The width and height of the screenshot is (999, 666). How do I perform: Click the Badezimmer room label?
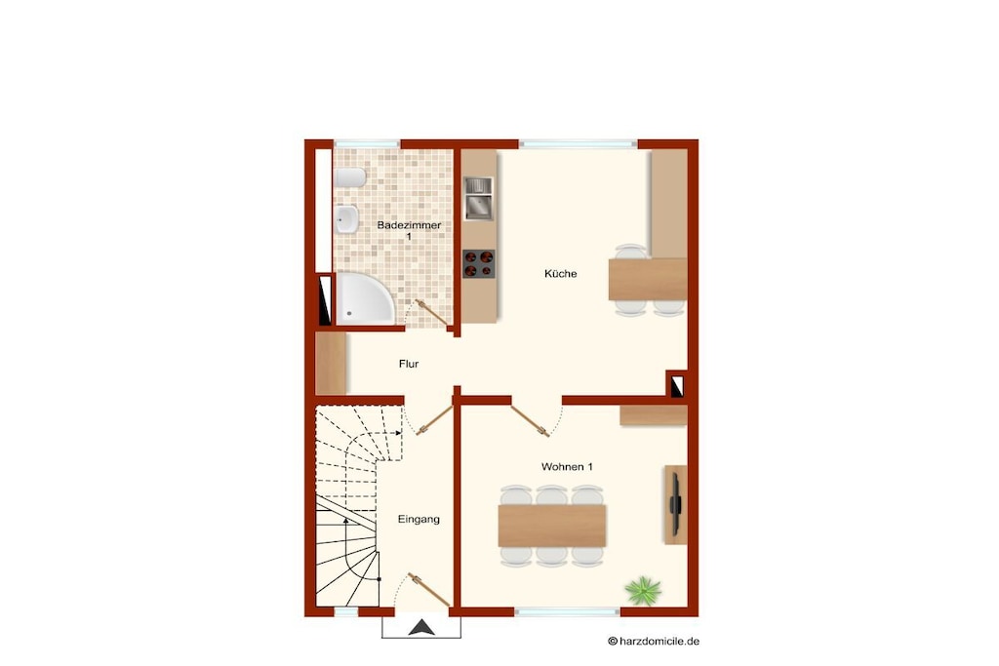(x=409, y=230)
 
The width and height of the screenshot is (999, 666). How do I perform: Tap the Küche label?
(x=561, y=274)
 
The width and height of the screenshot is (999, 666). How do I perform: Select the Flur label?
(x=409, y=364)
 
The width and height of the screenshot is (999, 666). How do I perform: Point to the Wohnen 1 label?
(x=567, y=467)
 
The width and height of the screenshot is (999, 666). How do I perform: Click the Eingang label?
(x=419, y=519)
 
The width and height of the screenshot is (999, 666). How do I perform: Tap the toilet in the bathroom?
(x=350, y=177)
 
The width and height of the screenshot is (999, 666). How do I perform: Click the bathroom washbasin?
(x=346, y=219)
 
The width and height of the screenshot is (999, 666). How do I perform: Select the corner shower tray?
(x=364, y=298)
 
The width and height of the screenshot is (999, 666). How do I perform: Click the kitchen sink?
(x=478, y=199)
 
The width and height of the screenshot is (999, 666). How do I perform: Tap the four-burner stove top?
(x=478, y=264)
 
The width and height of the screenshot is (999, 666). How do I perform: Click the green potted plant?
(x=643, y=590)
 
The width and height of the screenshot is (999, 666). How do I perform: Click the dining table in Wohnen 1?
(x=552, y=526)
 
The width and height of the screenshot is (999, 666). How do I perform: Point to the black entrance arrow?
(x=421, y=628)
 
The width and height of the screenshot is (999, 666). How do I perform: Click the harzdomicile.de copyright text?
(x=654, y=642)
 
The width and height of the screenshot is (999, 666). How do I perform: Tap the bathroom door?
(x=431, y=313)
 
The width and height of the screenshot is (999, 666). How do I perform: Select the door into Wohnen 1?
(x=530, y=421)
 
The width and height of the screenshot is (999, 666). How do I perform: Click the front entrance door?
(x=429, y=590)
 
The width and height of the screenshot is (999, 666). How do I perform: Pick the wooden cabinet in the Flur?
(x=331, y=363)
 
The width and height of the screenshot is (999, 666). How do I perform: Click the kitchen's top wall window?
(x=579, y=144)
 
